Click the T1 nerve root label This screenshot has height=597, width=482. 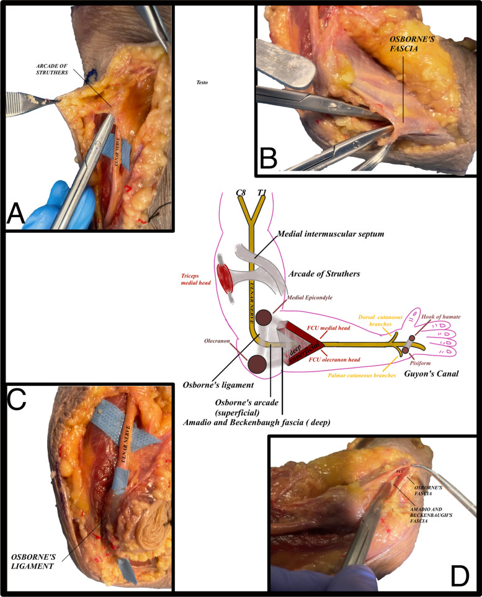click(x=266, y=193)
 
